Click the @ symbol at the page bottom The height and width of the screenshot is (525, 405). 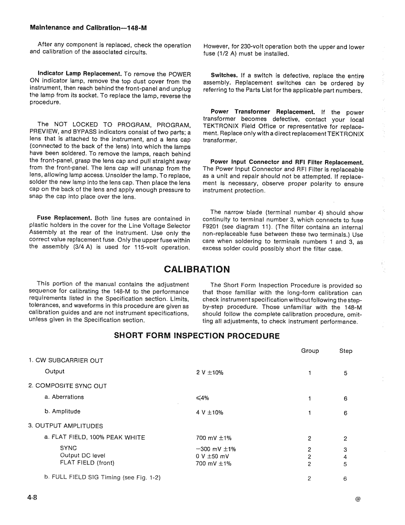coord(358,499)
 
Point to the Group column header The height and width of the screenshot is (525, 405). coord(310,351)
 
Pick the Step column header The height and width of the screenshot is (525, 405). coord(346,351)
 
